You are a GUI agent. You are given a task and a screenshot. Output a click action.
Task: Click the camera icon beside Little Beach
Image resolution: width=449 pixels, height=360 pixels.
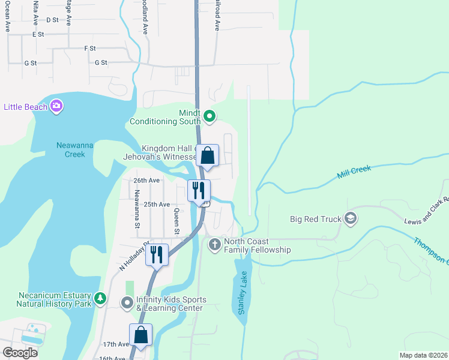(56, 106)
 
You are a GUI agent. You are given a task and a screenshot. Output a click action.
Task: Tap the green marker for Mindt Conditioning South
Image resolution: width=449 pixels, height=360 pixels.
(209, 116)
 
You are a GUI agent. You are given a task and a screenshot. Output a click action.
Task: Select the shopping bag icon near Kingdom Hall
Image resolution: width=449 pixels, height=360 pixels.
(207, 156)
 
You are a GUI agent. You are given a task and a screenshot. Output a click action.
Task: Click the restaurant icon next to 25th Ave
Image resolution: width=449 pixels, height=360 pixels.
(199, 190)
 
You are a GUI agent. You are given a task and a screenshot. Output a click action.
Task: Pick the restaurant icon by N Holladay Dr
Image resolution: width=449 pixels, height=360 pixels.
(157, 254)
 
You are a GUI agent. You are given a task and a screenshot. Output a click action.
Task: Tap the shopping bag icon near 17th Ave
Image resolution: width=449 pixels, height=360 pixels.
(140, 334)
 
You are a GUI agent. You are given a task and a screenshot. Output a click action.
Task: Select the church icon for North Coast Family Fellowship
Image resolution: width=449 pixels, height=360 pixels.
(214, 244)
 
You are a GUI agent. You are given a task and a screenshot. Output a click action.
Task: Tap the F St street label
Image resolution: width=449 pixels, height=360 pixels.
(90, 48)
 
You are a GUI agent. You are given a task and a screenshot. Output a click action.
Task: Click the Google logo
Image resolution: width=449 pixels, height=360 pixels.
(20, 352)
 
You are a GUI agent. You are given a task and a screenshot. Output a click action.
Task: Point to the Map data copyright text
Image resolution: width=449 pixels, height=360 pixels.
(423, 355)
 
